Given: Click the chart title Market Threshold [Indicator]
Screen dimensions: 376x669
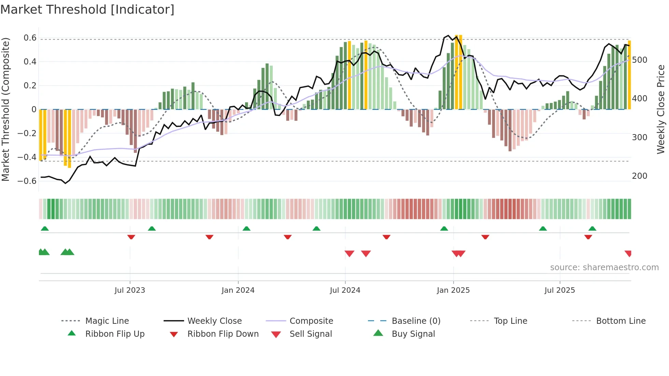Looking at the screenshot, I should [x=87, y=10].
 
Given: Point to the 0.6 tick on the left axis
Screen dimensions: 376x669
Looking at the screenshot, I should [x=30, y=38].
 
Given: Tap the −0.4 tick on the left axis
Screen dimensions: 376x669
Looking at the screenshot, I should [x=27, y=157].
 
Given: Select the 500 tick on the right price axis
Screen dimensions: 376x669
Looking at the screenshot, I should [x=640, y=60].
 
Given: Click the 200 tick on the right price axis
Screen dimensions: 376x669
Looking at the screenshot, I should [x=640, y=176].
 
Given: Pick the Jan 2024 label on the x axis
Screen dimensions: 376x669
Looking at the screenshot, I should [x=238, y=290].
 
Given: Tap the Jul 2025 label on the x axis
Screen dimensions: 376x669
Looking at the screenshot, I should [x=559, y=290].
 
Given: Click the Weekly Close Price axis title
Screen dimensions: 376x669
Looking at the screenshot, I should [x=661, y=109].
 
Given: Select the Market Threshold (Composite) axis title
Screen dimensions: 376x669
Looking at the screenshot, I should [x=5, y=109].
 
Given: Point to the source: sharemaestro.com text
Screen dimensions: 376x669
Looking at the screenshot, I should [x=604, y=267].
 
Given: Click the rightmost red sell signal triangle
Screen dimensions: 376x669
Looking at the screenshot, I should [x=628, y=254].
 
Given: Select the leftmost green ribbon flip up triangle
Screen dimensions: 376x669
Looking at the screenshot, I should [x=45, y=228].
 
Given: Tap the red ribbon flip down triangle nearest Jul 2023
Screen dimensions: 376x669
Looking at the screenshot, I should [x=131, y=237].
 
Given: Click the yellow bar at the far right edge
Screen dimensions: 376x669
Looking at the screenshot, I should [x=629, y=75].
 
